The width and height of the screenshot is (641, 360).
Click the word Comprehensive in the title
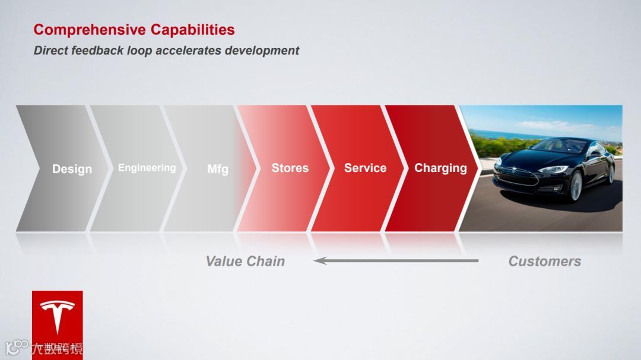pyautogui.click(x=90, y=30)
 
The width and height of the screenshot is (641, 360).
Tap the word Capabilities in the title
pyautogui.click(x=192, y=30)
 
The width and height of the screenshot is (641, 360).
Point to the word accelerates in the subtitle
pyautogui.click(x=189, y=50)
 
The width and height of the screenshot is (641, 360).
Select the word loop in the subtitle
pyautogui.click(x=139, y=51)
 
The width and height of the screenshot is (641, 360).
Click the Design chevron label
pyautogui.click(x=72, y=169)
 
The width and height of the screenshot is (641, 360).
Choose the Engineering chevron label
pyautogui.click(x=147, y=168)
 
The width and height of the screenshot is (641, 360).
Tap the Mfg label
pyautogui.click(x=217, y=169)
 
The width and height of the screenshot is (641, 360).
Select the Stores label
pyautogui.click(x=290, y=168)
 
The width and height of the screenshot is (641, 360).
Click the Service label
pyautogui.click(x=365, y=168)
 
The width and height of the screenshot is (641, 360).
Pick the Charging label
pyautogui.click(x=440, y=168)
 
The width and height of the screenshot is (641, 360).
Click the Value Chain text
pyautogui.click(x=245, y=261)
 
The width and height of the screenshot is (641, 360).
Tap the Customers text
pyautogui.click(x=544, y=261)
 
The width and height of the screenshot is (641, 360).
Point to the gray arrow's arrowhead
pyautogui.click(x=320, y=261)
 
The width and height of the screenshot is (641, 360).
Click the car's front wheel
pyautogui.click(x=576, y=186)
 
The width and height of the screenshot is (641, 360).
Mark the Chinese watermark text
pyautogui.click(x=57, y=349)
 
